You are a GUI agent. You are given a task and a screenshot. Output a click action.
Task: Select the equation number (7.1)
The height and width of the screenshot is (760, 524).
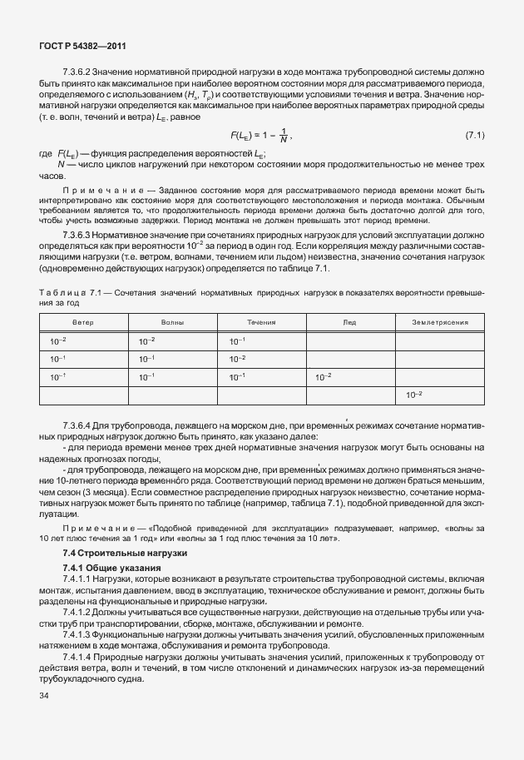[x=475, y=135]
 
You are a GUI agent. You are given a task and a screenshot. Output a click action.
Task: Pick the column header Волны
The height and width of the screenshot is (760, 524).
[x=172, y=321]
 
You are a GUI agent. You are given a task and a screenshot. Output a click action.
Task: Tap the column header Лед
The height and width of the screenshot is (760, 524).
[x=349, y=321]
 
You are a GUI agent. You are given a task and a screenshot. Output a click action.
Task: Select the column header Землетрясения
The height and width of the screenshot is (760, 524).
[x=439, y=321]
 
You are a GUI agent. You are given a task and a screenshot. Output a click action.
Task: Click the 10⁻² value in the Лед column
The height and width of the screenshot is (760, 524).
[x=324, y=376]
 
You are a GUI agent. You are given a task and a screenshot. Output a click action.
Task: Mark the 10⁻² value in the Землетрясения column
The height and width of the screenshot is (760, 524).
[x=413, y=394]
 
